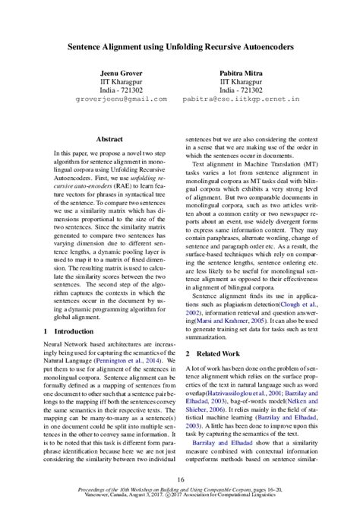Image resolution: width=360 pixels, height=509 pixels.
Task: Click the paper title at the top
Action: (180, 46)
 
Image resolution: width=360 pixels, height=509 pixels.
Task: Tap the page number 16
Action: (180, 479)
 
